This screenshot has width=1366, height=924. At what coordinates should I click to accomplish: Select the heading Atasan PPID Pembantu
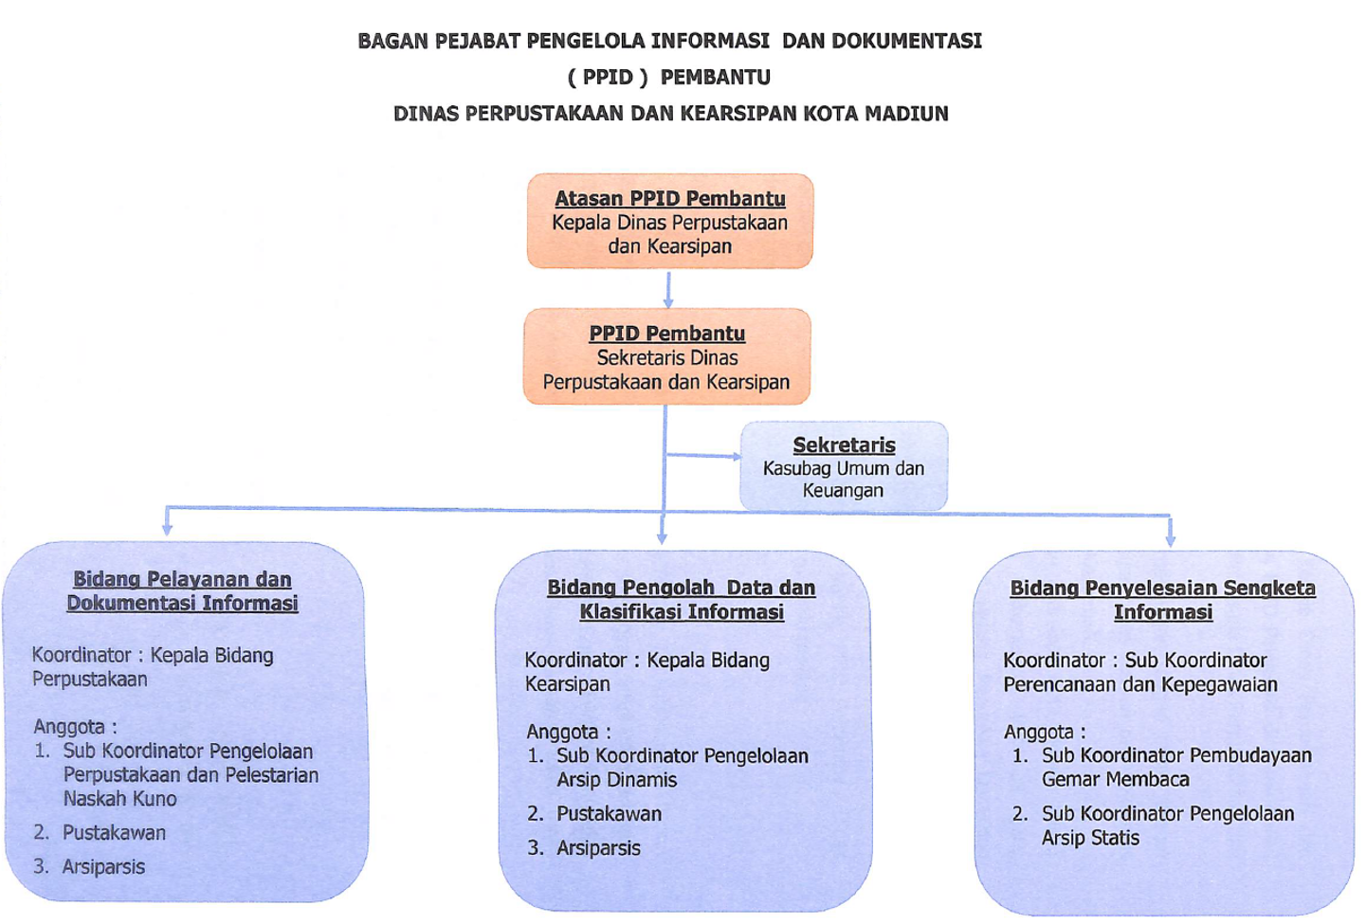tap(669, 199)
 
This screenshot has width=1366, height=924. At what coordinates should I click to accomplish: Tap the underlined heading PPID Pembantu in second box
tap(666, 334)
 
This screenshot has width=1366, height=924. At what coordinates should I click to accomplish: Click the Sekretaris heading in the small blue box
tap(844, 444)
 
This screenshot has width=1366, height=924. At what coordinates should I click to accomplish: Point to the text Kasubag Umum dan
tap(844, 468)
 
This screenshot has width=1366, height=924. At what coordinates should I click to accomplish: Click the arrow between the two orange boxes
tap(668, 289)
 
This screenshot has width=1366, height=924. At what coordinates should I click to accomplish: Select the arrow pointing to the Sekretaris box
tap(703, 455)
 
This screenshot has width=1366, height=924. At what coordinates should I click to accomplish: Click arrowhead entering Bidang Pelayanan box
tap(167, 530)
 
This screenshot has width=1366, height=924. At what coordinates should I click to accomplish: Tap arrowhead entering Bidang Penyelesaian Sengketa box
tap(1170, 540)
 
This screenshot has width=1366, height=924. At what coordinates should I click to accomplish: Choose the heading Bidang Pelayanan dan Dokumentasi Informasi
tap(182, 590)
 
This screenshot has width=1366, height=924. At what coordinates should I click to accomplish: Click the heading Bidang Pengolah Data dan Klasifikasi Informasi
tap(682, 599)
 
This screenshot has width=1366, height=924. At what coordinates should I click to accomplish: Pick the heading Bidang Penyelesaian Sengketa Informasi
tap(1163, 600)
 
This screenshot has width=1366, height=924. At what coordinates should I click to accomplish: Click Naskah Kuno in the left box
tap(120, 799)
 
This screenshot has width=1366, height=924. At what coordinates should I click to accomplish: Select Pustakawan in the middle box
tap(609, 814)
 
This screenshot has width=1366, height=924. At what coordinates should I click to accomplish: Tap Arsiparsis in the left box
tap(103, 867)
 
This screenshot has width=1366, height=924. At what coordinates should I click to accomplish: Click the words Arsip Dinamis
tap(616, 780)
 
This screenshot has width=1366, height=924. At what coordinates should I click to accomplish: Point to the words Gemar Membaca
tap(1116, 779)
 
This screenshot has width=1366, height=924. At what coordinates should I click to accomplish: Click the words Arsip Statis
tap(1090, 838)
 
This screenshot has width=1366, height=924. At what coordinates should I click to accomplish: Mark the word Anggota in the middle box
tap(563, 732)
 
